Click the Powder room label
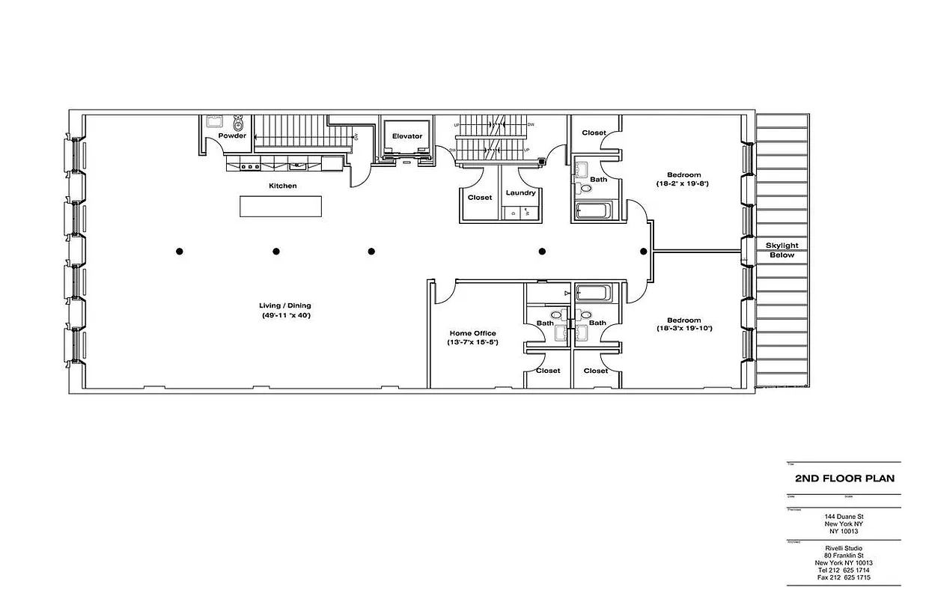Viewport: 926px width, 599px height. click(x=232, y=136)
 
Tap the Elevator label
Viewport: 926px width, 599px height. click(x=407, y=136)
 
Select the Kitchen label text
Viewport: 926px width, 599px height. click(x=283, y=186)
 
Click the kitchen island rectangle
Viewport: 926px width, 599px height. click(x=281, y=206)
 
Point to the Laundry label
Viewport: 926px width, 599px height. click(x=520, y=193)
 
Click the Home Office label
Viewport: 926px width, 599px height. click(x=472, y=333)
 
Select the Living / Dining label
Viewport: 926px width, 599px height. click(x=284, y=305)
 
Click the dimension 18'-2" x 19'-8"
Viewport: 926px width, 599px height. click(x=683, y=183)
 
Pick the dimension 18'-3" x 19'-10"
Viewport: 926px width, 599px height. click(x=683, y=329)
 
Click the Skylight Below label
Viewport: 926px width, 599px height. click(x=782, y=250)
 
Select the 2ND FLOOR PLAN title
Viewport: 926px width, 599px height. click(x=844, y=478)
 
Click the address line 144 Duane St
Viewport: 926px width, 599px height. click(x=844, y=517)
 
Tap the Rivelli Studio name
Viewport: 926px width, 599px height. click(x=844, y=548)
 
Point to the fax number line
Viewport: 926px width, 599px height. click(x=844, y=578)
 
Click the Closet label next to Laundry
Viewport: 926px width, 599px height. click(x=480, y=198)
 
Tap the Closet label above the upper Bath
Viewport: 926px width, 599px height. click(x=594, y=133)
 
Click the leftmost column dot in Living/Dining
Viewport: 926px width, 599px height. click(x=180, y=252)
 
